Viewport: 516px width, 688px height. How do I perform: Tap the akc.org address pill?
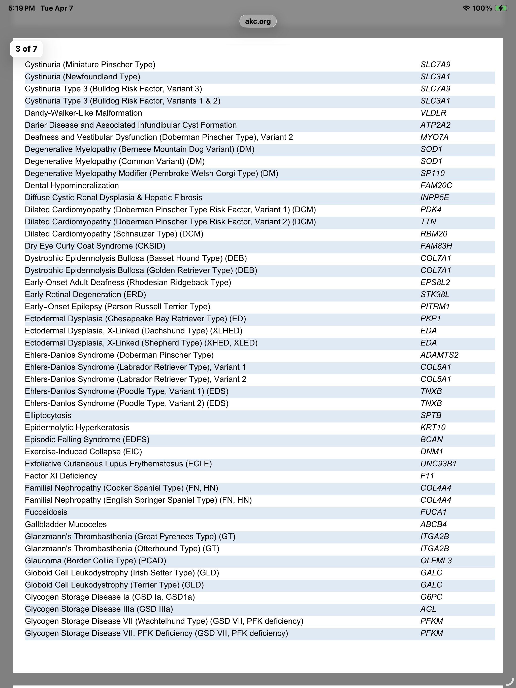click(258, 21)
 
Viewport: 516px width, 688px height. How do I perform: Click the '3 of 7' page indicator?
click(26, 49)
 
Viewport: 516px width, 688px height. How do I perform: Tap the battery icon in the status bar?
click(501, 8)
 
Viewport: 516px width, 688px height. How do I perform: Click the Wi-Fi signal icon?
click(466, 8)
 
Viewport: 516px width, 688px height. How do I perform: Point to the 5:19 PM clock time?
click(21, 8)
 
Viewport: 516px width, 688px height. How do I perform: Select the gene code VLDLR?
click(433, 113)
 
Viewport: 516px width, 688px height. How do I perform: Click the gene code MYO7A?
click(434, 137)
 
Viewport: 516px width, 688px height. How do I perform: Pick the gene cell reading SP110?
click(432, 173)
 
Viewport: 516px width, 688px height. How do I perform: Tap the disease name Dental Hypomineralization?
click(72, 185)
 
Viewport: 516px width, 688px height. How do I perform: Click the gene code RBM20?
click(434, 234)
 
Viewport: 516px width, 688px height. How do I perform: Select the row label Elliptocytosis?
click(48, 415)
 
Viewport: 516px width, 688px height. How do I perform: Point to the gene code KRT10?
click(433, 427)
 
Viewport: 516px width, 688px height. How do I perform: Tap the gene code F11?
click(427, 476)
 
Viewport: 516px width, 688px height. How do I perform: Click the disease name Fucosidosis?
click(46, 512)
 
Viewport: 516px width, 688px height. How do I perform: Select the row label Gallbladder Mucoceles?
click(66, 524)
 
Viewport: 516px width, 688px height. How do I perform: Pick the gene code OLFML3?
click(436, 561)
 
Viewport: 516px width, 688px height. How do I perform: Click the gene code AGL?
click(428, 609)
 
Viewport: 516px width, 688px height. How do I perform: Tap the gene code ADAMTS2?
click(439, 355)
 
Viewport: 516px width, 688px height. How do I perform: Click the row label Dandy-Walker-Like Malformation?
click(83, 113)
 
